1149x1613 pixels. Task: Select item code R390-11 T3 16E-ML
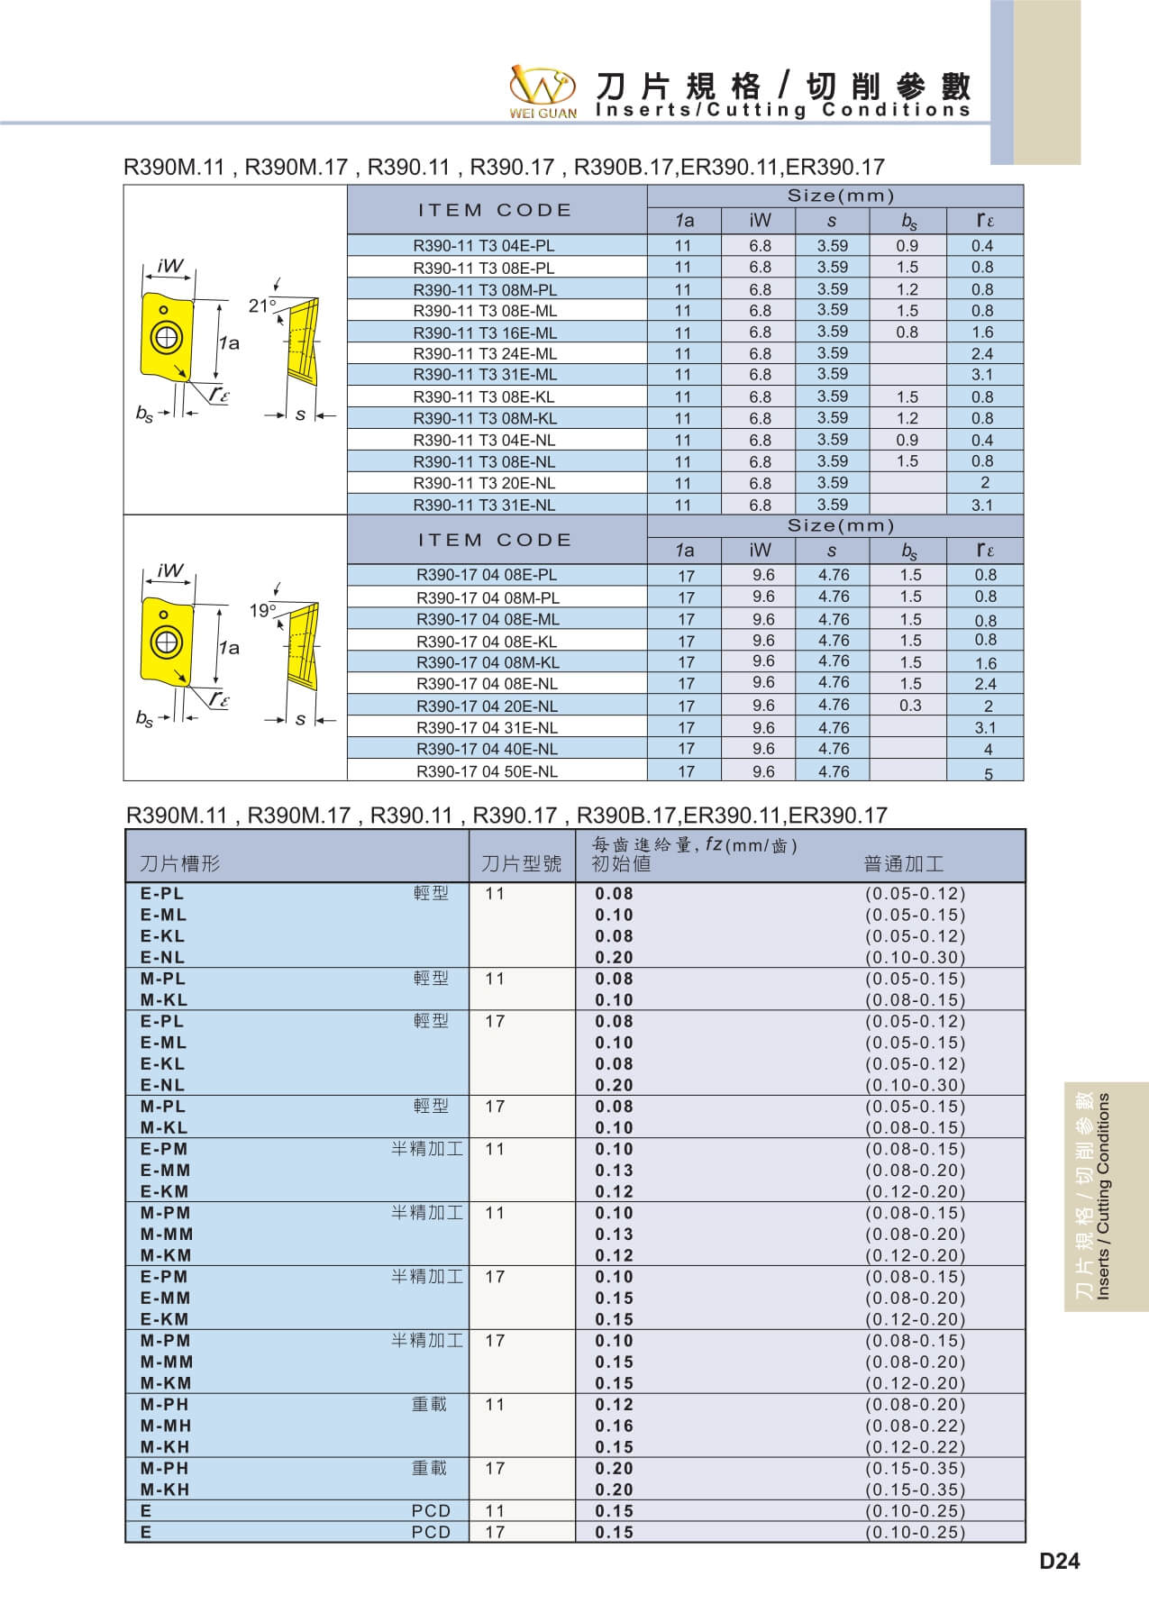point(485,333)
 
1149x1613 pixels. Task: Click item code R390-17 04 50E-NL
point(487,771)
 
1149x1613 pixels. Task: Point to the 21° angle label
point(262,306)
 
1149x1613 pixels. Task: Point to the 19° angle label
point(262,611)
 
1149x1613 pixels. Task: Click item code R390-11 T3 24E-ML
point(485,354)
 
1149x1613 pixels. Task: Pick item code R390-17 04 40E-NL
point(487,749)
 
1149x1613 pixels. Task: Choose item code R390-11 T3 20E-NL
point(485,483)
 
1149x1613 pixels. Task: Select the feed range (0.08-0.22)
point(915,1426)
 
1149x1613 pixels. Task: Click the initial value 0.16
point(614,1426)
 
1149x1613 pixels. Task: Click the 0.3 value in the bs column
point(910,706)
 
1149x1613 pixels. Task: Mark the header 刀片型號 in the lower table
point(521,864)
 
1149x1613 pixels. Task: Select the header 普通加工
point(904,864)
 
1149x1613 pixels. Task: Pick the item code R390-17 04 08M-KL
point(488,662)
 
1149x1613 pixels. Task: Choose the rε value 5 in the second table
point(988,774)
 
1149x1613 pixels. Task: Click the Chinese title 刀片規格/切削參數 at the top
point(783,87)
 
